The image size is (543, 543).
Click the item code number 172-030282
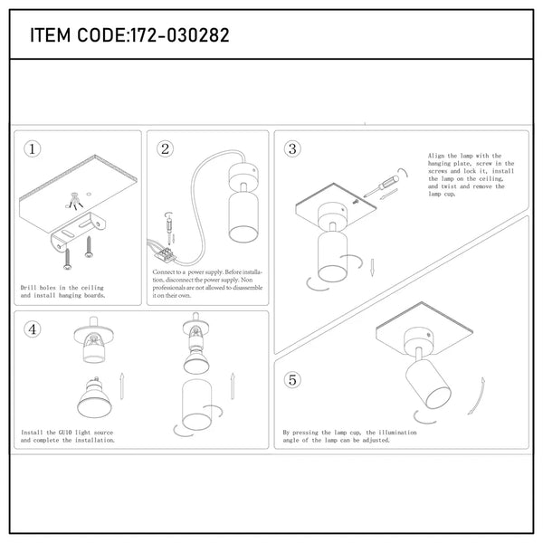point(180,35)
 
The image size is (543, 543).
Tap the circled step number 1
point(32,149)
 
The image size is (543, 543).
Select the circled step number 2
point(165,149)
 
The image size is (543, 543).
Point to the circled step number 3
point(292,149)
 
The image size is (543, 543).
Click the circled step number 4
point(33,329)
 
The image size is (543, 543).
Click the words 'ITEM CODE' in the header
point(77,35)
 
